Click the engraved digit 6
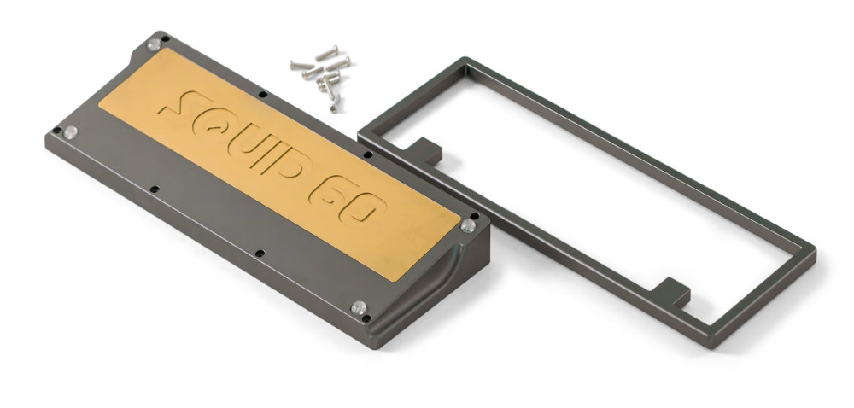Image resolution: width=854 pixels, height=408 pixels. point(330,191)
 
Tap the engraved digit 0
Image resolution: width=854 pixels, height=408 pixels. point(364,207)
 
